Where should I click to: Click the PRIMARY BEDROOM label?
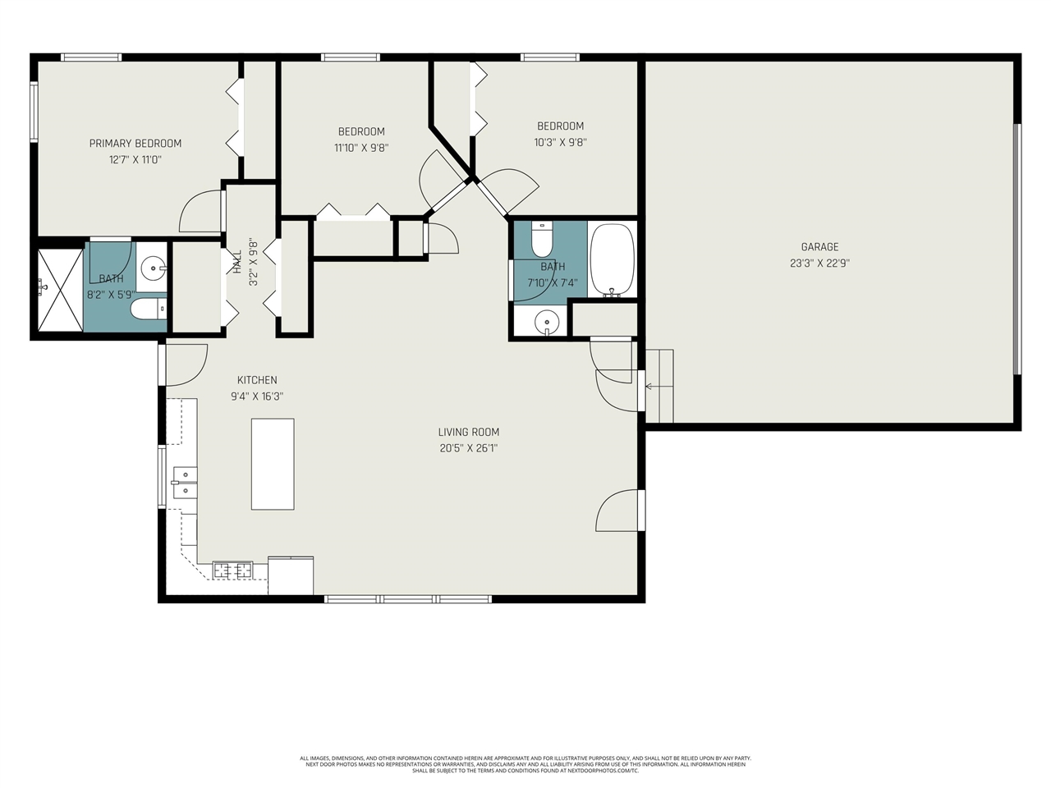click(135, 144)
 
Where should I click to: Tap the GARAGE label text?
click(819, 247)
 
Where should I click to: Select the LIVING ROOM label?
click(468, 433)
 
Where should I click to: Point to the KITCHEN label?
click(257, 380)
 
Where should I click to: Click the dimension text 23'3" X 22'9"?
click(819, 263)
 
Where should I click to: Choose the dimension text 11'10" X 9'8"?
click(361, 149)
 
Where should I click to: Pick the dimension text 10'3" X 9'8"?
click(560, 142)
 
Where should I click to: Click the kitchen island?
click(273, 464)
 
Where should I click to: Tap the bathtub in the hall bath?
click(612, 260)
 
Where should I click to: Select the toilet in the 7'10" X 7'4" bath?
click(542, 240)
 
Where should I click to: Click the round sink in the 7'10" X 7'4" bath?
click(547, 323)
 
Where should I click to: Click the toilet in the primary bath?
click(148, 309)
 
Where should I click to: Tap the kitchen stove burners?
click(232, 569)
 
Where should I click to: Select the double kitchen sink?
click(184, 483)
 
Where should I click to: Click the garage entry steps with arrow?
click(659, 386)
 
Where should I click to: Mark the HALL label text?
click(237, 263)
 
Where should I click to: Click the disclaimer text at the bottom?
click(525, 764)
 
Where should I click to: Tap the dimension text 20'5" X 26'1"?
click(468, 448)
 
